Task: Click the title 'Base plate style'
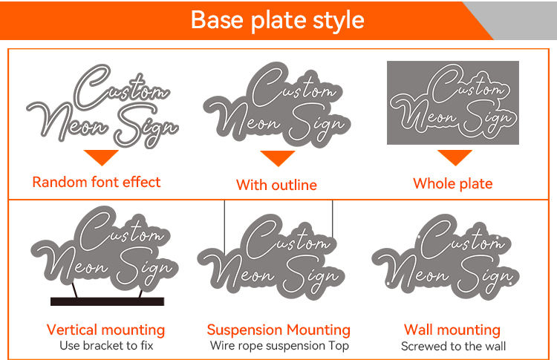(277, 19)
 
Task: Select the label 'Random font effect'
(96, 182)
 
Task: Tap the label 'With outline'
(276, 185)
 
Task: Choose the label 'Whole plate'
(452, 183)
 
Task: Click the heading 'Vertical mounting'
(105, 330)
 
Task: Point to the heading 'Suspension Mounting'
(278, 330)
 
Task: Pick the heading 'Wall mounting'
(452, 330)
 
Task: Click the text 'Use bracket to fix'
(105, 346)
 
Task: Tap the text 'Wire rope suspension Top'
(278, 346)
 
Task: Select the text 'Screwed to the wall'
(452, 346)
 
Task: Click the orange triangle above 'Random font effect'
(101, 157)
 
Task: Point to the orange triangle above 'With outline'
(277, 158)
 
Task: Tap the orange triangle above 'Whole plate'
(454, 157)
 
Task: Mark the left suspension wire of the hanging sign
(224, 223)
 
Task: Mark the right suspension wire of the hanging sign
(333, 219)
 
